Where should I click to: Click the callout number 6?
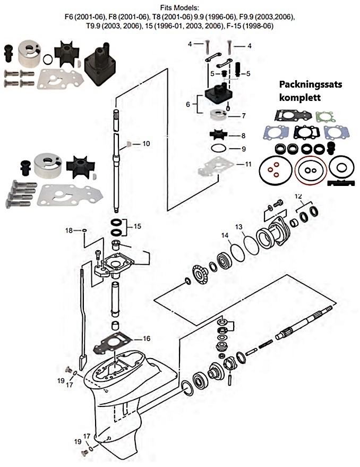click(187, 105)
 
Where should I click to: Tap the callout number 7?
click(243, 115)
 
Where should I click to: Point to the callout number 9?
click(243, 148)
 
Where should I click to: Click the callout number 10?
click(146, 143)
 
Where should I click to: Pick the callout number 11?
click(247, 165)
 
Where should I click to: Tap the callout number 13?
click(239, 227)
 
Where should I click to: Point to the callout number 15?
click(137, 226)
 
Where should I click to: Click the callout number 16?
click(146, 338)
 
